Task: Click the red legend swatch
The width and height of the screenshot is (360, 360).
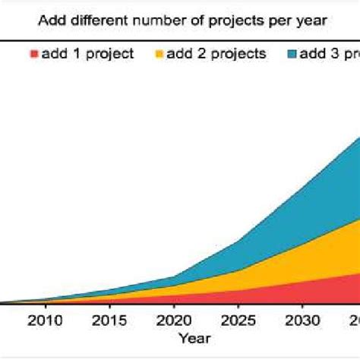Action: click(33, 54)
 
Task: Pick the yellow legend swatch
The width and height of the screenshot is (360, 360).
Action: click(159, 54)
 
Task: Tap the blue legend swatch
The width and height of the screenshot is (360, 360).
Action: click(292, 54)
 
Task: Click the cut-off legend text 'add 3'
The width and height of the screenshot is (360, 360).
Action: click(330, 54)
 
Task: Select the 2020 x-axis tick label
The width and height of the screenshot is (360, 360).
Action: click(175, 319)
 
